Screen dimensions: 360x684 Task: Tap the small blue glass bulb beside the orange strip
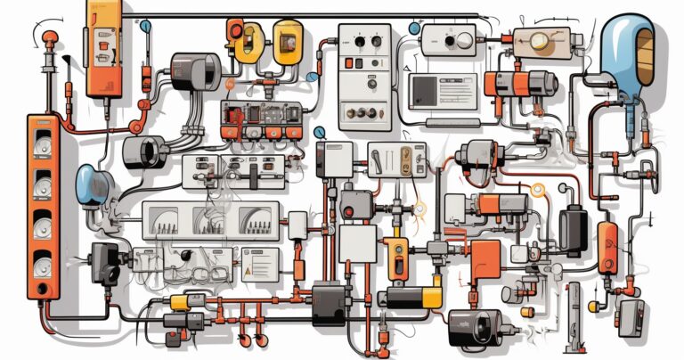click(x=91, y=184)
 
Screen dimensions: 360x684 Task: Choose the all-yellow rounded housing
click(x=287, y=40)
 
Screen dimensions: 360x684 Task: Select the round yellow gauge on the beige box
click(x=538, y=39)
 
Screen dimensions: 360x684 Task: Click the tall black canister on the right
click(x=573, y=231)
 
